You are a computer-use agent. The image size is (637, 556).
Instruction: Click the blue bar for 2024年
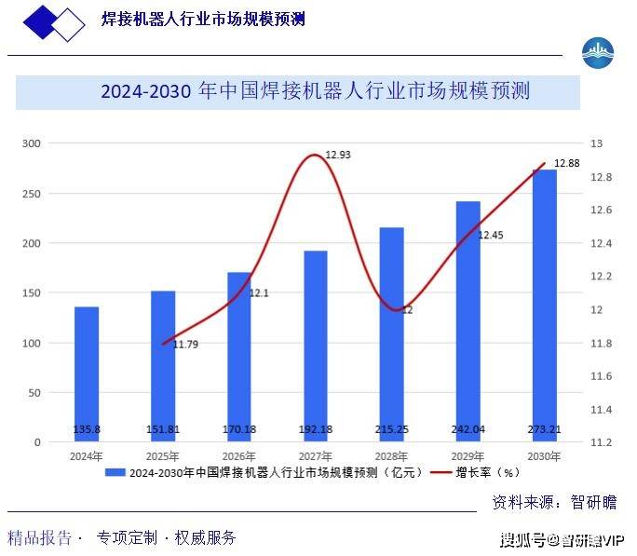pos(87,373)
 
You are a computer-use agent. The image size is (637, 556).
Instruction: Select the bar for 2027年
pos(316,345)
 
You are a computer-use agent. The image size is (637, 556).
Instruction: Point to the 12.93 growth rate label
pos(337,155)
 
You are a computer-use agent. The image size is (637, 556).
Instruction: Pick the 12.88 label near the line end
pos(566,163)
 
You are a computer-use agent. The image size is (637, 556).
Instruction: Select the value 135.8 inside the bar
pos(87,430)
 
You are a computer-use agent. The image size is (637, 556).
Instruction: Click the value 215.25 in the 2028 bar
pos(392,430)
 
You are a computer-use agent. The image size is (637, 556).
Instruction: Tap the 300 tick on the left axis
pos(33,143)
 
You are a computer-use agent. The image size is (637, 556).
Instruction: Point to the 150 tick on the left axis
pos(33,293)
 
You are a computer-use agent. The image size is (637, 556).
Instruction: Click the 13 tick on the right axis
pos(596,143)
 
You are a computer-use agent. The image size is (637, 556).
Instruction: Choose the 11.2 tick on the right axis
pos(600,442)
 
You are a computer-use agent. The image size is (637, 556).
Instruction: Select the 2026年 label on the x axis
pos(239,456)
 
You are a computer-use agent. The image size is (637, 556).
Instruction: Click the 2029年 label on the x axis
pos(468,456)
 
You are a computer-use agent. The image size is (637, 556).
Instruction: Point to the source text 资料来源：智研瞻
pos(553,502)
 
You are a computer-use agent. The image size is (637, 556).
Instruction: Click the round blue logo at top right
pos(597,52)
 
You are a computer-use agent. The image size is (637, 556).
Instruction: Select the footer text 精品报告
pos(39,537)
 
